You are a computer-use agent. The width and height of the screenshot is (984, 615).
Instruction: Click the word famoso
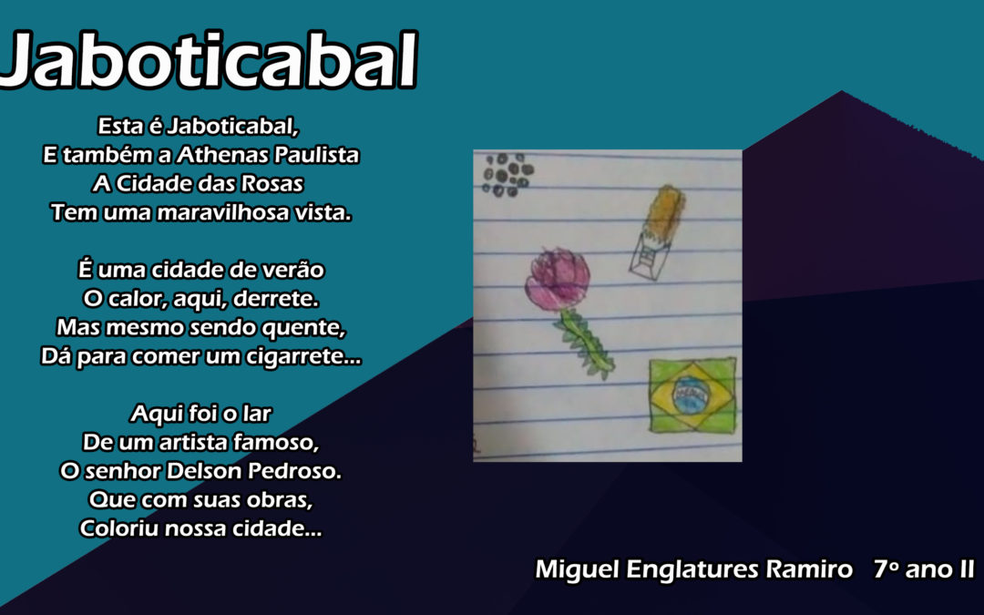click(276, 443)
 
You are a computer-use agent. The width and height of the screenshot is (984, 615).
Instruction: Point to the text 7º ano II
click(923, 569)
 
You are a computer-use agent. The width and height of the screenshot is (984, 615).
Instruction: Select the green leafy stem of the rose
click(584, 343)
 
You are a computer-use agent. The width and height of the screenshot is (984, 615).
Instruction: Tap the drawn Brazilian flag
click(692, 395)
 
